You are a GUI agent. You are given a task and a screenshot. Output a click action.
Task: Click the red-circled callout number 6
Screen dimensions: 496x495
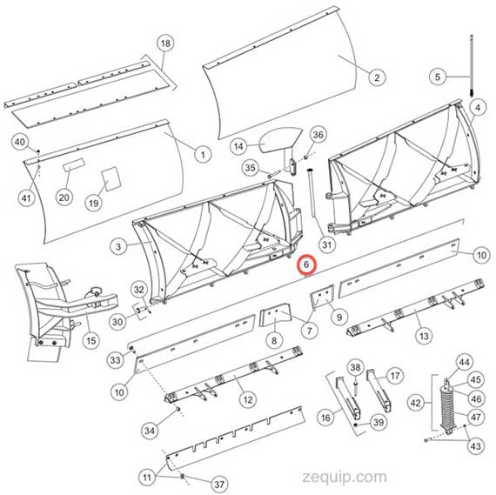[306, 264]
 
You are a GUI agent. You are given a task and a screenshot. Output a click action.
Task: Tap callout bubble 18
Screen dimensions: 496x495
[165, 43]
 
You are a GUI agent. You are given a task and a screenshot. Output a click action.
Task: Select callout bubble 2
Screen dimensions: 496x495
[377, 77]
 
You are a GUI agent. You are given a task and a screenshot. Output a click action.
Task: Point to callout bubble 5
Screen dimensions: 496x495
[438, 77]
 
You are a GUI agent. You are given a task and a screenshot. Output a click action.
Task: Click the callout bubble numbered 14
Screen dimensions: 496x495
[238, 146]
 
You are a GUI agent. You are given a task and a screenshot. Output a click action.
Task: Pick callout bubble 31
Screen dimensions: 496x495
[327, 244]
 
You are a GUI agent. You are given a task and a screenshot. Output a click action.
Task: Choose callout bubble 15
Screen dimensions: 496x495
[90, 340]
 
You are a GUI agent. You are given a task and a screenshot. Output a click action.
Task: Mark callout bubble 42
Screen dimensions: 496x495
[415, 403]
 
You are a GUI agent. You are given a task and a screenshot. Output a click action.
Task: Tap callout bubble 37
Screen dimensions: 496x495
[219, 484]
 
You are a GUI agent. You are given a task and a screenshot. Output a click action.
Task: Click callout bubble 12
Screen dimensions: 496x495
[248, 400]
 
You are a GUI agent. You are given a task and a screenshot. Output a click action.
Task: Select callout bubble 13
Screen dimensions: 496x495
[424, 336]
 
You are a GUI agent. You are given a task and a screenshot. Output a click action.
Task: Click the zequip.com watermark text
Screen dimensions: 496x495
[345, 477]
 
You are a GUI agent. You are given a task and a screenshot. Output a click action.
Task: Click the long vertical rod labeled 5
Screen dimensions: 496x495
[472, 66]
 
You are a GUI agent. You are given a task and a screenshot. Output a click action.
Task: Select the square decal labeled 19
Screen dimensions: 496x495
[111, 178]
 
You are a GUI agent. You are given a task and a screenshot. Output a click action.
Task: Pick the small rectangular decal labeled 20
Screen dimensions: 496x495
[73, 164]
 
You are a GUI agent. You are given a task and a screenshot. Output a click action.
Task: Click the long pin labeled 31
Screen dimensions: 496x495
[312, 194]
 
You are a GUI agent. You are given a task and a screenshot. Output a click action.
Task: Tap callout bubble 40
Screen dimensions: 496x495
[20, 142]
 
